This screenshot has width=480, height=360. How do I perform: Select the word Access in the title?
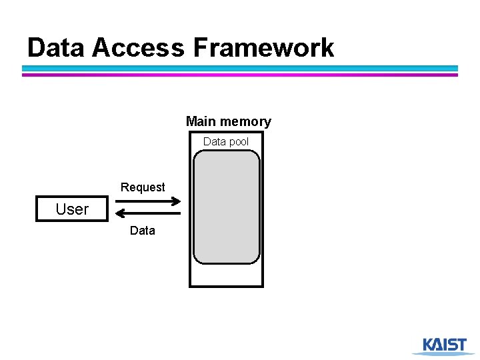tap(138, 48)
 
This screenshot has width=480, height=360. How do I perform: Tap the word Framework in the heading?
tap(263, 48)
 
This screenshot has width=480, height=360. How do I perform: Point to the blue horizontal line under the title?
tap(240, 68)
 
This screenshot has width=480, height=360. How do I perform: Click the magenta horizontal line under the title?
tap(240, 75)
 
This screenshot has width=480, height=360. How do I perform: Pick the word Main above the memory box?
tap(201, 121)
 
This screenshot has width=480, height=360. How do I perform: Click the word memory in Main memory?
tap(245, 121)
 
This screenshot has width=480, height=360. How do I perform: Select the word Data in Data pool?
tap(214, 141)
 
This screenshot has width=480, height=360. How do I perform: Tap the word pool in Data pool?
tap(238, 141)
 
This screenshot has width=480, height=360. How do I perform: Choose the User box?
tap(72, 209)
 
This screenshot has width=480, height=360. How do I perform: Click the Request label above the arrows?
tap(143, 187)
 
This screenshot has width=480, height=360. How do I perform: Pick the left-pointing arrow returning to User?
tap(148, 213)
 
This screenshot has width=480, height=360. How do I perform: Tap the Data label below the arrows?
tap(142, 231)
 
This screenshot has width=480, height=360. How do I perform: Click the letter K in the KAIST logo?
tap(429, 344)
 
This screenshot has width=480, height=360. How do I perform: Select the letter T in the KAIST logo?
tap(461, 344)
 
